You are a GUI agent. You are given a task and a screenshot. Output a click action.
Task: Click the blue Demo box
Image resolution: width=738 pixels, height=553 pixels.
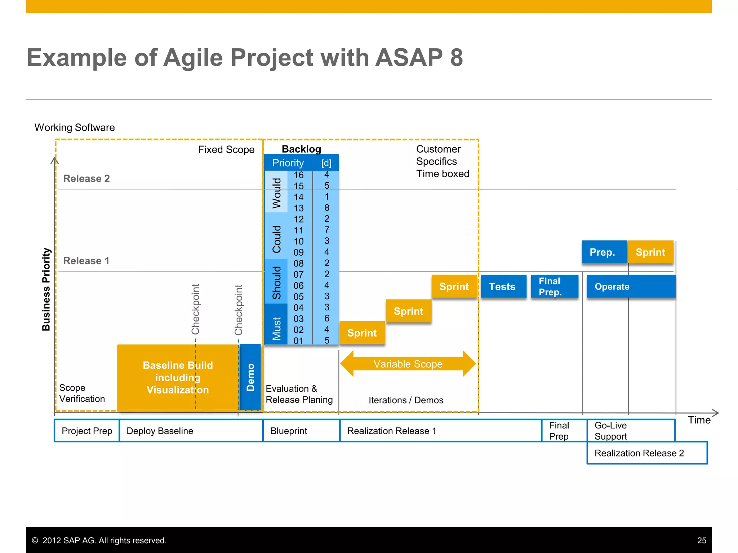250,377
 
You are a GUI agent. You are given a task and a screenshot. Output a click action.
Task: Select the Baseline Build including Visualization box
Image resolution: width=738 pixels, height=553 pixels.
178,378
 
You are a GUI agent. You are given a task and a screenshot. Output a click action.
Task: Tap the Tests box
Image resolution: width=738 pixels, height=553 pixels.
503,287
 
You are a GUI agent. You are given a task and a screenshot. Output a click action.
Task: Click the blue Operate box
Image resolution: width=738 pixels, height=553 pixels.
631,287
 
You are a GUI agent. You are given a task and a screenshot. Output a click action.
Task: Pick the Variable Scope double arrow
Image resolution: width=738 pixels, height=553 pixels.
408,364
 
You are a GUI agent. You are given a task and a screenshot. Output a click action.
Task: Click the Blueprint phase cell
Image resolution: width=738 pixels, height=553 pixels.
301,431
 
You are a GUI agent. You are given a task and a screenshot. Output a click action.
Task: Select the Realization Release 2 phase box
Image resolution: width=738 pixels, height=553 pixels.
647,453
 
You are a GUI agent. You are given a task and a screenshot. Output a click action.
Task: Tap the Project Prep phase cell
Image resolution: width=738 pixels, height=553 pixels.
87,431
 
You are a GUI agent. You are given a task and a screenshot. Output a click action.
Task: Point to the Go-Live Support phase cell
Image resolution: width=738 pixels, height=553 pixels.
631,431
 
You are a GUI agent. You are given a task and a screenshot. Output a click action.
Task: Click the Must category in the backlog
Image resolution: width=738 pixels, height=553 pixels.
276,324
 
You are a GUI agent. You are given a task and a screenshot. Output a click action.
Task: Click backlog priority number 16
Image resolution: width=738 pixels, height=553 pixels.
298,175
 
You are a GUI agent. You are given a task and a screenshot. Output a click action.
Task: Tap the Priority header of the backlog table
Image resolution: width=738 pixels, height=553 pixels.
288,163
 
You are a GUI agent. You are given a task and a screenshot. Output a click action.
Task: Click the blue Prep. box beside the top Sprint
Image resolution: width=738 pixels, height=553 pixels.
604,252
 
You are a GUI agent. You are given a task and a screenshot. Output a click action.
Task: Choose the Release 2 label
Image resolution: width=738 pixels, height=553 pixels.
86,179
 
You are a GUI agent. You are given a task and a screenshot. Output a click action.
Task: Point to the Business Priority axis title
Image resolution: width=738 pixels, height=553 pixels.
46,289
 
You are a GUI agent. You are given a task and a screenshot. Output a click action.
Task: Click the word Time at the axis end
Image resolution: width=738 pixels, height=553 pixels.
699,420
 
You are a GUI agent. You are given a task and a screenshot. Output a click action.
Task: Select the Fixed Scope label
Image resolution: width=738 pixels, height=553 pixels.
226,150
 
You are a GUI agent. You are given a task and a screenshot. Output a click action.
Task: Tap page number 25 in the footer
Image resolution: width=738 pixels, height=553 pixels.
702,540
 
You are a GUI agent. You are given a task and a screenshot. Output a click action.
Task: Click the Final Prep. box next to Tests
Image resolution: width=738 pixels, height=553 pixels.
554,287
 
